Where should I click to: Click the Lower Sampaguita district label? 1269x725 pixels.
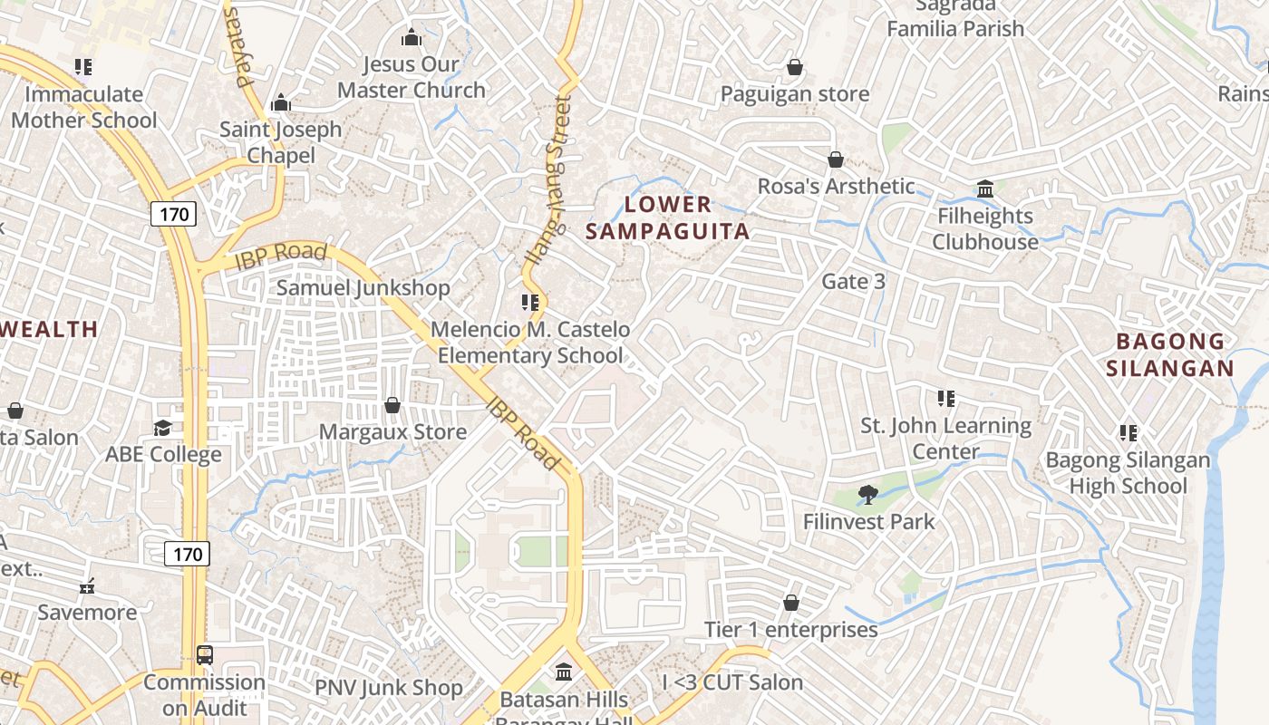(x=668, y=217)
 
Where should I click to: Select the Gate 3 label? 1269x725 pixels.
(x=853, y=282)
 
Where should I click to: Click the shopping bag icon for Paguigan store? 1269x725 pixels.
(x=795, y=67)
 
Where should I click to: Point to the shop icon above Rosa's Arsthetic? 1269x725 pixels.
(x=836, y=159)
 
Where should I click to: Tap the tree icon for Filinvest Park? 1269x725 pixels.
(x=867, y=495)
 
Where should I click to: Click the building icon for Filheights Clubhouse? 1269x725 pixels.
(x=985, y=188)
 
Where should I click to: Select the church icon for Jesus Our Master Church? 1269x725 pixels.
(x=412, y=37)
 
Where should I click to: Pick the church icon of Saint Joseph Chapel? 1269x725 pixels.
(x=281, y=102)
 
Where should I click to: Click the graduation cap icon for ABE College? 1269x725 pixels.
(x=163, y=428)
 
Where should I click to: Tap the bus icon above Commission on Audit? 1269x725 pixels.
(x=205, y=655)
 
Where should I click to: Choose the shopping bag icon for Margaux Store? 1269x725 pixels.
(x=392, y=405)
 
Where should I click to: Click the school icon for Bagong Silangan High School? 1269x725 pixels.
(x=1128, y=433)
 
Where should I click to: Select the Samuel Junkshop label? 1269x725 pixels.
(x=363, y=288)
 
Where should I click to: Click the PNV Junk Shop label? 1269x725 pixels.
(x=388, y=688)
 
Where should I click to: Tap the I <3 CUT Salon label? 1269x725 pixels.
(x=732, y=682)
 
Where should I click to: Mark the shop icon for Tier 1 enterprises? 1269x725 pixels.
(x=791, y=603)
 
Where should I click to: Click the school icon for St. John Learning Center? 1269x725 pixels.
(x=946, y=399)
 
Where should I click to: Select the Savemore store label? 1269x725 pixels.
(x=88, y=613)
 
